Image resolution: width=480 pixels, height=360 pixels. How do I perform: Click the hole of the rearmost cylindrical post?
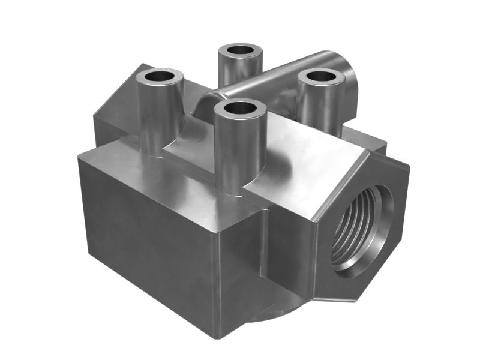pyautogui.click(x=241, y=50)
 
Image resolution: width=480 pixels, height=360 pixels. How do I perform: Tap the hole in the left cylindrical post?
pyautogui.click(x=159, y=77)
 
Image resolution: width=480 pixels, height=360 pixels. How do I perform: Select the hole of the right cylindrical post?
pyautogui.click(x=320, y=76)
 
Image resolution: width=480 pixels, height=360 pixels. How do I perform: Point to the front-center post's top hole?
pyautogui.click(x=240, y=109)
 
